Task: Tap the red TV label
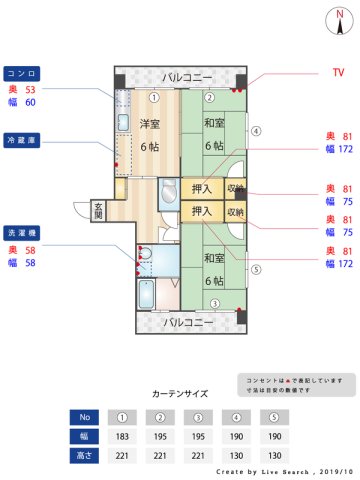point(338,73)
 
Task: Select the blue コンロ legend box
point(22,73)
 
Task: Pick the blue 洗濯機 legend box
point(22,233)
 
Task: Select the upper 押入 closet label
point(201,188)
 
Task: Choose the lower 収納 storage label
point(235,211)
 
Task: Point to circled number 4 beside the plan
point(255,130)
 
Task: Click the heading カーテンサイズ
point(179,394)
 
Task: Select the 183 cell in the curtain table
point(122,436)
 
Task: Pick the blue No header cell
point(85,417)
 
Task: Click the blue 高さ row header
point(85,455)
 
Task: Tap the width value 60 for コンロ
point(30,102)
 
